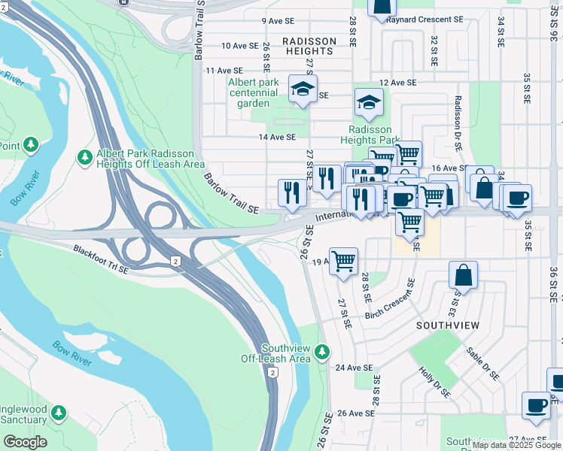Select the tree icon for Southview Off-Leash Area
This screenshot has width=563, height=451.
323,352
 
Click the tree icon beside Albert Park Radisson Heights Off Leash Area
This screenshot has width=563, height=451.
84,158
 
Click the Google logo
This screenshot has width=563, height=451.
25,442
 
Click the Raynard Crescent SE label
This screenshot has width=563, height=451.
425,19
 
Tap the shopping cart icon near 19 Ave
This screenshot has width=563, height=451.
343,262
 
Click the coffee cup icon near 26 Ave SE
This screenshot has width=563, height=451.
536,404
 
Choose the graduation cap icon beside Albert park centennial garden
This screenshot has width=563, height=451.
303,89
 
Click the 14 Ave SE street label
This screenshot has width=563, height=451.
277,137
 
